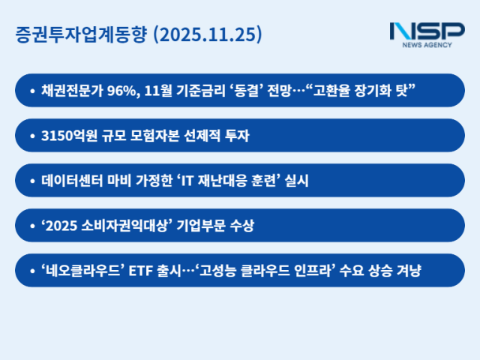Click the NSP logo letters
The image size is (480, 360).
427,32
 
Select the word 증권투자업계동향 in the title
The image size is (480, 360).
81,34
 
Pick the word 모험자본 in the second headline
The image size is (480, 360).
157,136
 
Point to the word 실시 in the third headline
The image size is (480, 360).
298,181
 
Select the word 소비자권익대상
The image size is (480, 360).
118,226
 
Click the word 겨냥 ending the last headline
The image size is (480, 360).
409,271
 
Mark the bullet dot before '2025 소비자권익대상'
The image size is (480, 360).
32,226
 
